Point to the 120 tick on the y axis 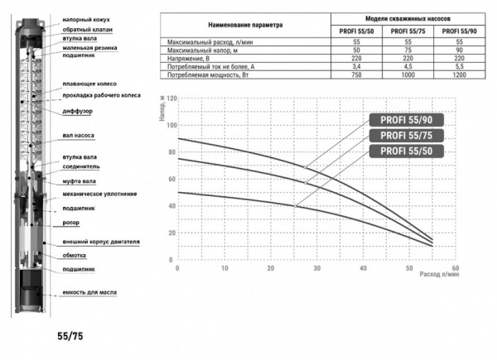pyautogui.click(x=171, y=98)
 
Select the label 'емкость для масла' pyautogui.click(x=91, y=294)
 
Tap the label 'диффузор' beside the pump pyautogui.click(x=79, y=110)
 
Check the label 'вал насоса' pyautogui.click(x=80, y=134)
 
